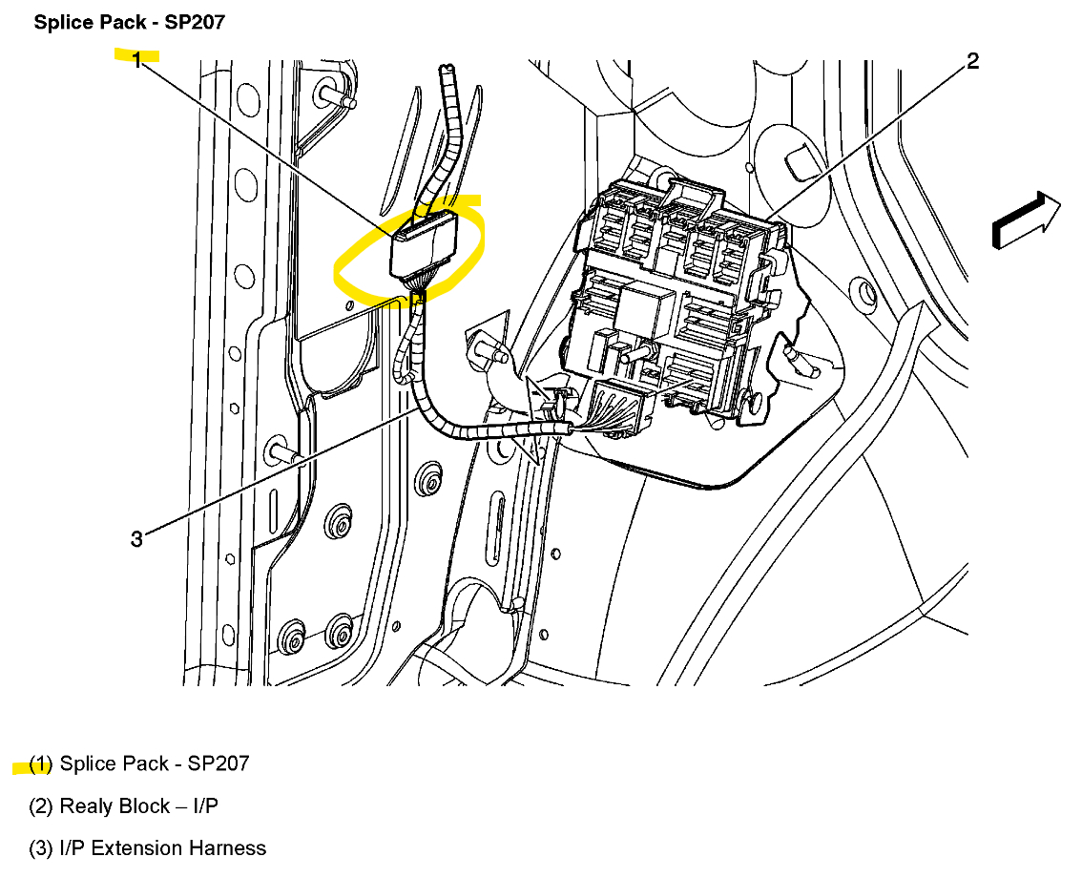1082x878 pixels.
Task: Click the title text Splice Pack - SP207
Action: click(x=129, y=22)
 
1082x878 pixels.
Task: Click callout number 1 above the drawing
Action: click(x=136, y=61)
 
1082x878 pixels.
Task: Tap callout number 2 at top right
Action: click(x=971, y=62)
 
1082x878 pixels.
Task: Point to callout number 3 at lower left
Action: click(x=136, y=539)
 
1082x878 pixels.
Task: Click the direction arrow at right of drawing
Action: click(x=1027, y=220)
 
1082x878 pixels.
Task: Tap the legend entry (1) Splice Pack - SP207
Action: click(x=139, y=763)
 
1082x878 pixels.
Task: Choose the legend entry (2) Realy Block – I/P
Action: click(x=124, y=806)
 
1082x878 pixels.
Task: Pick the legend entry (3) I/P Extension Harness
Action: click(x=148, y=847)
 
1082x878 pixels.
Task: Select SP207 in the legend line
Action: click(x=218, y=763)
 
